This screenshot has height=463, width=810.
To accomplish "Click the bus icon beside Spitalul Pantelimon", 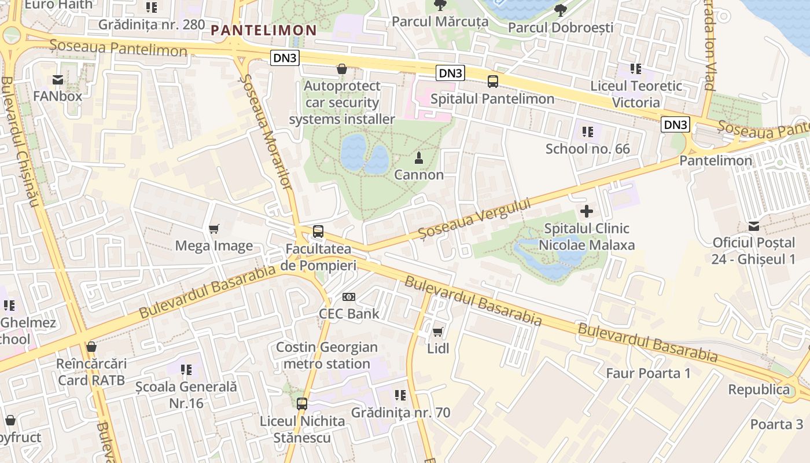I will point(493,82).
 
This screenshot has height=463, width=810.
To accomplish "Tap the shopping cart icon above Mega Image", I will point(214,229).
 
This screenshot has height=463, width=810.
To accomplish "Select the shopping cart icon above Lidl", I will point(438,332).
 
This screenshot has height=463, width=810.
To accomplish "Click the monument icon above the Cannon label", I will point(419,157).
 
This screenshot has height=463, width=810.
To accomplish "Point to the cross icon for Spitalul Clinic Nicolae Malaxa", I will point(587,211).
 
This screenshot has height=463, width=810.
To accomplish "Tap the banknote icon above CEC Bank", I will point(349,297).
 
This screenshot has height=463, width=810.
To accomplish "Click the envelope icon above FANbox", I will point(58,79).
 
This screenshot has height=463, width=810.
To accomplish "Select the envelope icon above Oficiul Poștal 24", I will point(754,226).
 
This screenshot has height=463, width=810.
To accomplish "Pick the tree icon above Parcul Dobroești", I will point(560,10).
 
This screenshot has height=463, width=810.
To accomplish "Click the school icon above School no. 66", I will point(588,132).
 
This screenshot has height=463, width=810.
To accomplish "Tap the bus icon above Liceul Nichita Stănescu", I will point(302,404).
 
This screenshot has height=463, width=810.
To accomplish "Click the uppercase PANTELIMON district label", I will point(264,31).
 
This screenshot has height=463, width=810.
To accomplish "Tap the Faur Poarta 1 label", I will point(648,373).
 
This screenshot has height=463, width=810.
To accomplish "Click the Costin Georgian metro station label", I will point(327,355).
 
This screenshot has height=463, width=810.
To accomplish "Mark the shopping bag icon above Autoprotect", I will point(342,69).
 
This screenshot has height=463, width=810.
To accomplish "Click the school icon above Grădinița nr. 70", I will point(400,395).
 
